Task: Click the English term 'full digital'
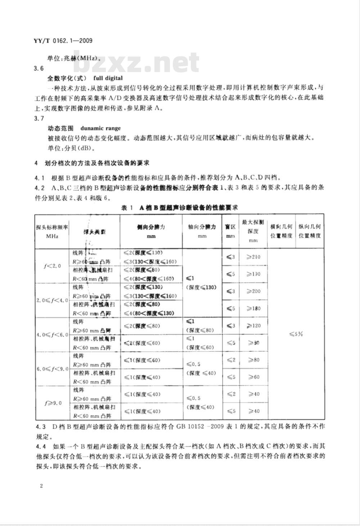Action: coord(108,78)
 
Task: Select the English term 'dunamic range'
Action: coord(100,128)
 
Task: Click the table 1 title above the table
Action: coord(179,207)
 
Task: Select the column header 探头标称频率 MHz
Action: coord(52,231)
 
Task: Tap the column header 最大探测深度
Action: coord(253,231)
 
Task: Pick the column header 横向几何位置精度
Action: coord(281,231)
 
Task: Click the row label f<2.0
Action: coord(52,266)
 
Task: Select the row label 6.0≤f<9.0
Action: coord(52,369)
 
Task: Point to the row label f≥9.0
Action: coord(52,403)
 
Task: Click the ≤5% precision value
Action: coord(296,334)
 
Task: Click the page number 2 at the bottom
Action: coord(41,486)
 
